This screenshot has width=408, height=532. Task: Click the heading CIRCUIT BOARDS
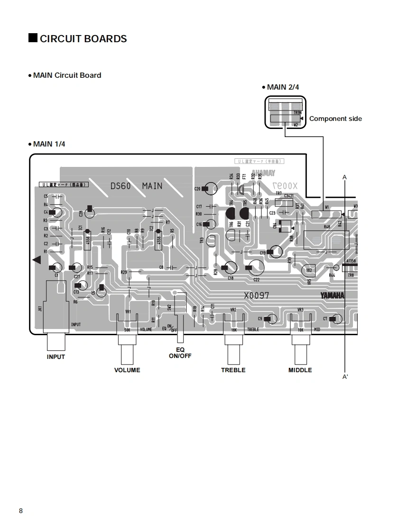[83, 39]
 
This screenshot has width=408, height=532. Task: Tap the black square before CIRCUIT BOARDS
[33, 38]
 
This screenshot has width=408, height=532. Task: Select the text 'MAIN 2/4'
[283, 87]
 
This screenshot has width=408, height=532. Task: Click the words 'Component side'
[335, 119]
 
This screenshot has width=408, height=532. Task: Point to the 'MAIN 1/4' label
[49, 144]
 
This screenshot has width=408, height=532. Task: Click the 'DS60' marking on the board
[121, 186]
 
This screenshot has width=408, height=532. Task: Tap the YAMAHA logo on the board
[333, 296]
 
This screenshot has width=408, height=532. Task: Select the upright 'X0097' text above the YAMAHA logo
[257, 295]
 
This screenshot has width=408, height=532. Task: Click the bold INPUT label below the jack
[56, 357]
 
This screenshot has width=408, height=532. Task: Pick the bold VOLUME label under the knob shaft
[127, 370]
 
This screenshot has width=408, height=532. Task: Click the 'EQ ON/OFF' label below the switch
[180, 353]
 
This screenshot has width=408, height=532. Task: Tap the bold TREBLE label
[233, 370]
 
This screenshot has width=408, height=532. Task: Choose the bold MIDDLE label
[300, 370]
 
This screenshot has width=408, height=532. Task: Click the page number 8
[20, 511]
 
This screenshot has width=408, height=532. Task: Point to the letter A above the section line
[345, 177]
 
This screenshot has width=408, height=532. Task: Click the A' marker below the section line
[345, 376]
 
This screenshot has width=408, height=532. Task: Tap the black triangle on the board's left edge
[36, 260]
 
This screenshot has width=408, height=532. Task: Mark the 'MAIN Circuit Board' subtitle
[67, 75]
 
